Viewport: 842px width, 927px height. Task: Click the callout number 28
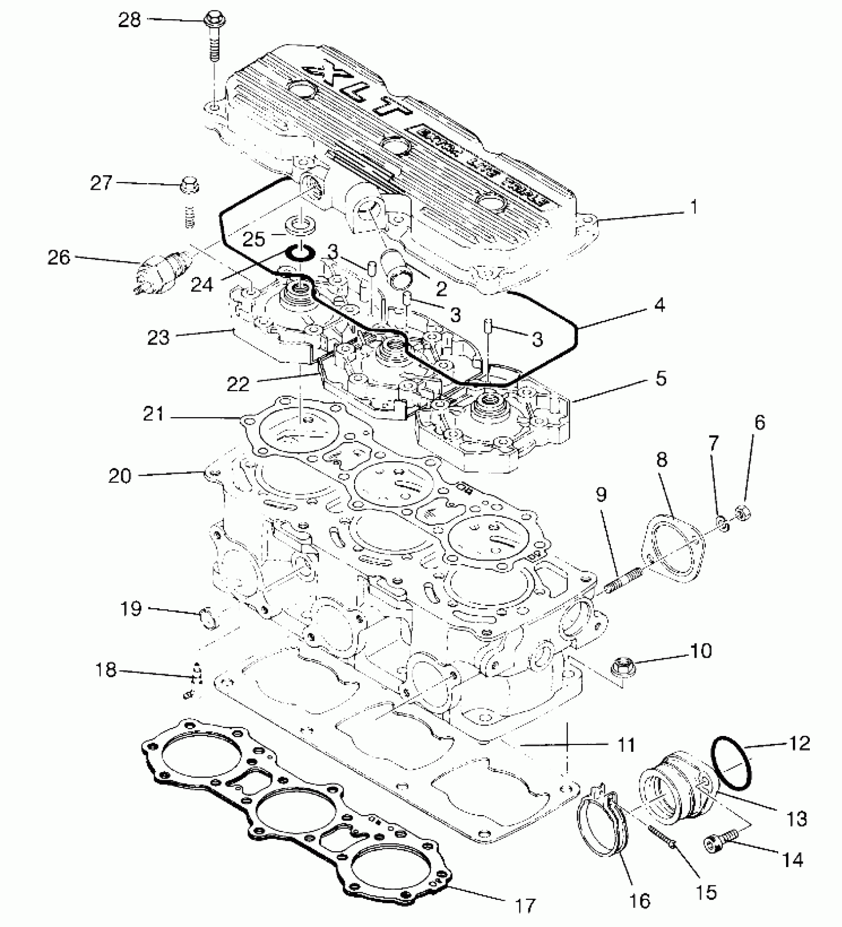tap(129, 20)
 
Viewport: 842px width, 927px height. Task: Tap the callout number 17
tap(525, 906)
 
